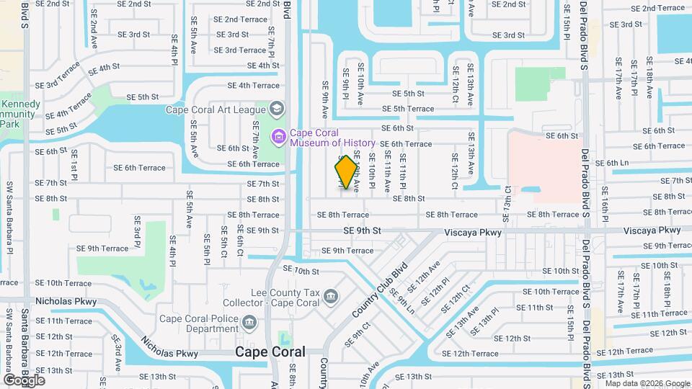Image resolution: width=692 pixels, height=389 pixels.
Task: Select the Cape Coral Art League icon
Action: (x=274, y=109)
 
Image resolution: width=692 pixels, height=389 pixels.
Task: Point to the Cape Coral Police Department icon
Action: (x=249, y=322)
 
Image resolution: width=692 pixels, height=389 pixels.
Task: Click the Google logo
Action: (x=24, y=380)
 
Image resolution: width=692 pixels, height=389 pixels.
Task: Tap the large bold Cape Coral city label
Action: (x=270, y=352)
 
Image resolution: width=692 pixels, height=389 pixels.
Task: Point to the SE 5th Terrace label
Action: (x=408, y=109)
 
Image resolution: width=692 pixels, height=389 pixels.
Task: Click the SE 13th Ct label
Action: (x=507, y=198)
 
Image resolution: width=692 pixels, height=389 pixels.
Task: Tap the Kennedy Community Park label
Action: (x=19, y=114)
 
